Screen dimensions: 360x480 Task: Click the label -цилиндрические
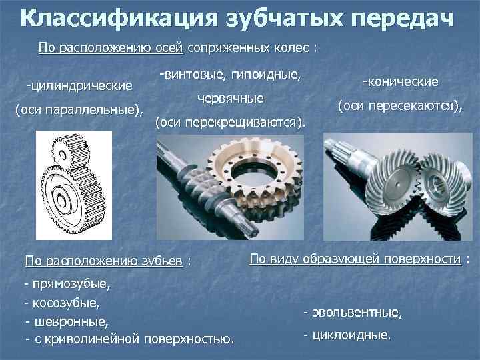(79, 85)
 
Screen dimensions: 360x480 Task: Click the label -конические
(400, 81)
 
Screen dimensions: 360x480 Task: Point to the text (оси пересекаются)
(400, 105)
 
